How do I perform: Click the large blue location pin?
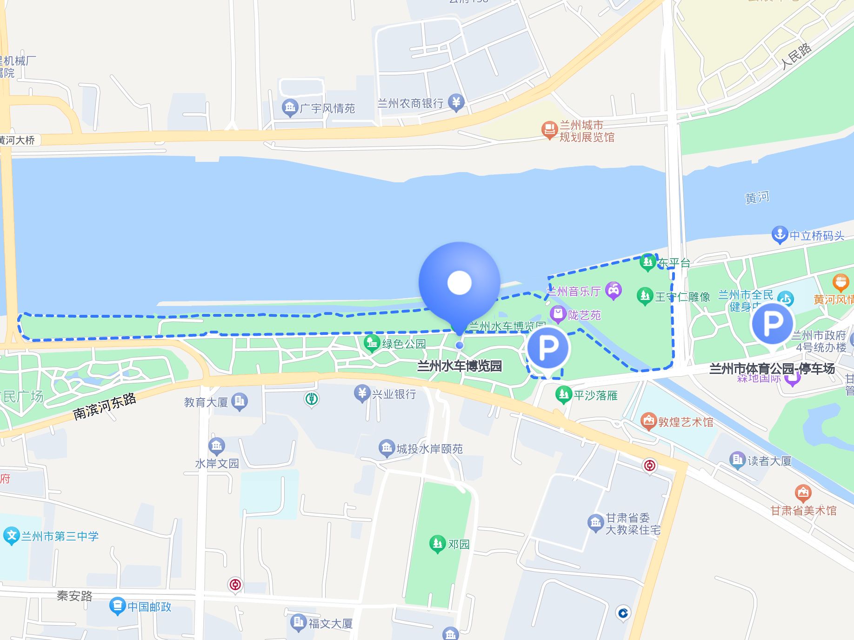460,283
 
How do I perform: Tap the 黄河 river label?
757,198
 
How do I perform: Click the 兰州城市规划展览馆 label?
587,131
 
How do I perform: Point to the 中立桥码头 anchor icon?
779,235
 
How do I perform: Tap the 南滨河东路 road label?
105,406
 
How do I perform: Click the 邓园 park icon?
437,544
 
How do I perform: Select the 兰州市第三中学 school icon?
11,536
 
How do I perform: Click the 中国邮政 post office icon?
117,606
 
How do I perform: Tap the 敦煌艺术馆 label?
685,422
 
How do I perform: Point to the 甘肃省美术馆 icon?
803,493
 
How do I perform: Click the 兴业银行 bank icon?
362,393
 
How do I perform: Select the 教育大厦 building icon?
240,401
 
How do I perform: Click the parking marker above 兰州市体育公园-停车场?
772,324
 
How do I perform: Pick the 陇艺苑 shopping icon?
558,314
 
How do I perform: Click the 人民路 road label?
796,56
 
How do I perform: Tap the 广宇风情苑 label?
327,108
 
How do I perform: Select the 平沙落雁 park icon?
564,395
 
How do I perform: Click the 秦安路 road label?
74,596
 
